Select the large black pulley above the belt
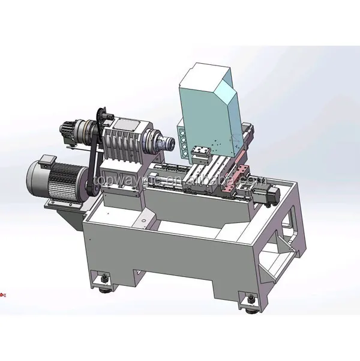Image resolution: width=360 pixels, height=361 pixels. [x=101, y=120]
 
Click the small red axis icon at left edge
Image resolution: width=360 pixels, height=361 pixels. [x=2, y=294]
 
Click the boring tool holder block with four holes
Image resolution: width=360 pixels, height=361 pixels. [x=180, y=138]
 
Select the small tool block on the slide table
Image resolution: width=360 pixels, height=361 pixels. [x=200, y=156]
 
